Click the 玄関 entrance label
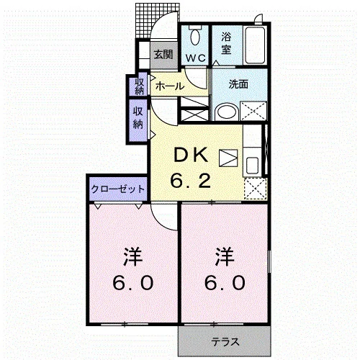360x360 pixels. pos(163,55)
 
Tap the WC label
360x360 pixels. pos(196,58)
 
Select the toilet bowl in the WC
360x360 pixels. pos(196,37)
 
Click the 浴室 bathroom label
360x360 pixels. pos(226,43)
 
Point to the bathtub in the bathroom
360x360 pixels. pos(255,45)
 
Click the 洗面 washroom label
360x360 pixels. pos(238,84)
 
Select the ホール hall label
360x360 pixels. pos(170,86)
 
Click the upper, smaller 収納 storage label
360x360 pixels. pos(140,86)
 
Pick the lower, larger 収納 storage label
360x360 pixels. pos(138,118)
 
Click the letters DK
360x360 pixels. pos(191,155)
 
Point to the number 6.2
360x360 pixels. pos(191,181)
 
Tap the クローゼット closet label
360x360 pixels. pos(117,189)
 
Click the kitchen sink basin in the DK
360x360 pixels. pos(252,165)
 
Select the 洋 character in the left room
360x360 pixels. pos(133,256)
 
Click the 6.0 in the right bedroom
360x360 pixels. pos(225,282)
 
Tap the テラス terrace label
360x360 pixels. pos(225,341)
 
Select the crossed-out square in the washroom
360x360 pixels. pos(253,111)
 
